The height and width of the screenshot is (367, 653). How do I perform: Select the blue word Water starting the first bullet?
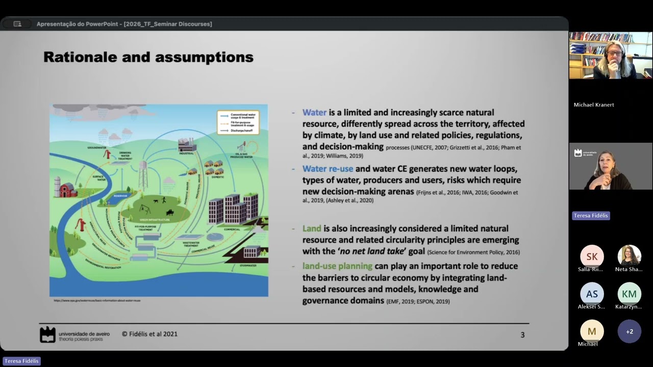(x=314, y=113)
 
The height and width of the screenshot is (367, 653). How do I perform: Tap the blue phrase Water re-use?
(x=328, y=169)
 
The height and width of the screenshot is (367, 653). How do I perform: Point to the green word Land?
(x=312, y=228)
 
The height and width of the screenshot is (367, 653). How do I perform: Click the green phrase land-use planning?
(x=337, y=266)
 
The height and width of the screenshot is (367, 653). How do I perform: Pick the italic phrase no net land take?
(x=369, y=252)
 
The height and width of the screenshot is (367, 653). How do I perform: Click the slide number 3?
(x=522, y=335)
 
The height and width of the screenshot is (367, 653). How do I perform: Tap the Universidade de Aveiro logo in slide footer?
(x=48, y=334)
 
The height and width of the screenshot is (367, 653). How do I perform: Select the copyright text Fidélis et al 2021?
(x=149, y=334)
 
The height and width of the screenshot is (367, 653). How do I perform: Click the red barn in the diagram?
(x=68, y=190)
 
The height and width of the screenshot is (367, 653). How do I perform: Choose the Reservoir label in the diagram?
(x=120, y=195)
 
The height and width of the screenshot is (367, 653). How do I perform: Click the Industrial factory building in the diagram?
(x=187, y=145)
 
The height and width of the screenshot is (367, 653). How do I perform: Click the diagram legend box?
(x=238, y=122)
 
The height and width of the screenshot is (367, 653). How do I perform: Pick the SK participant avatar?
(x=592, y=256)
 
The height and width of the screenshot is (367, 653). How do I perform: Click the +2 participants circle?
(x=630, y=331)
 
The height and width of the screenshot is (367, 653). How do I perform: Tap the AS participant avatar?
(x=592, y=294)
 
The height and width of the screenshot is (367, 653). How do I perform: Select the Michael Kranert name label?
(x=594, y=105)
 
